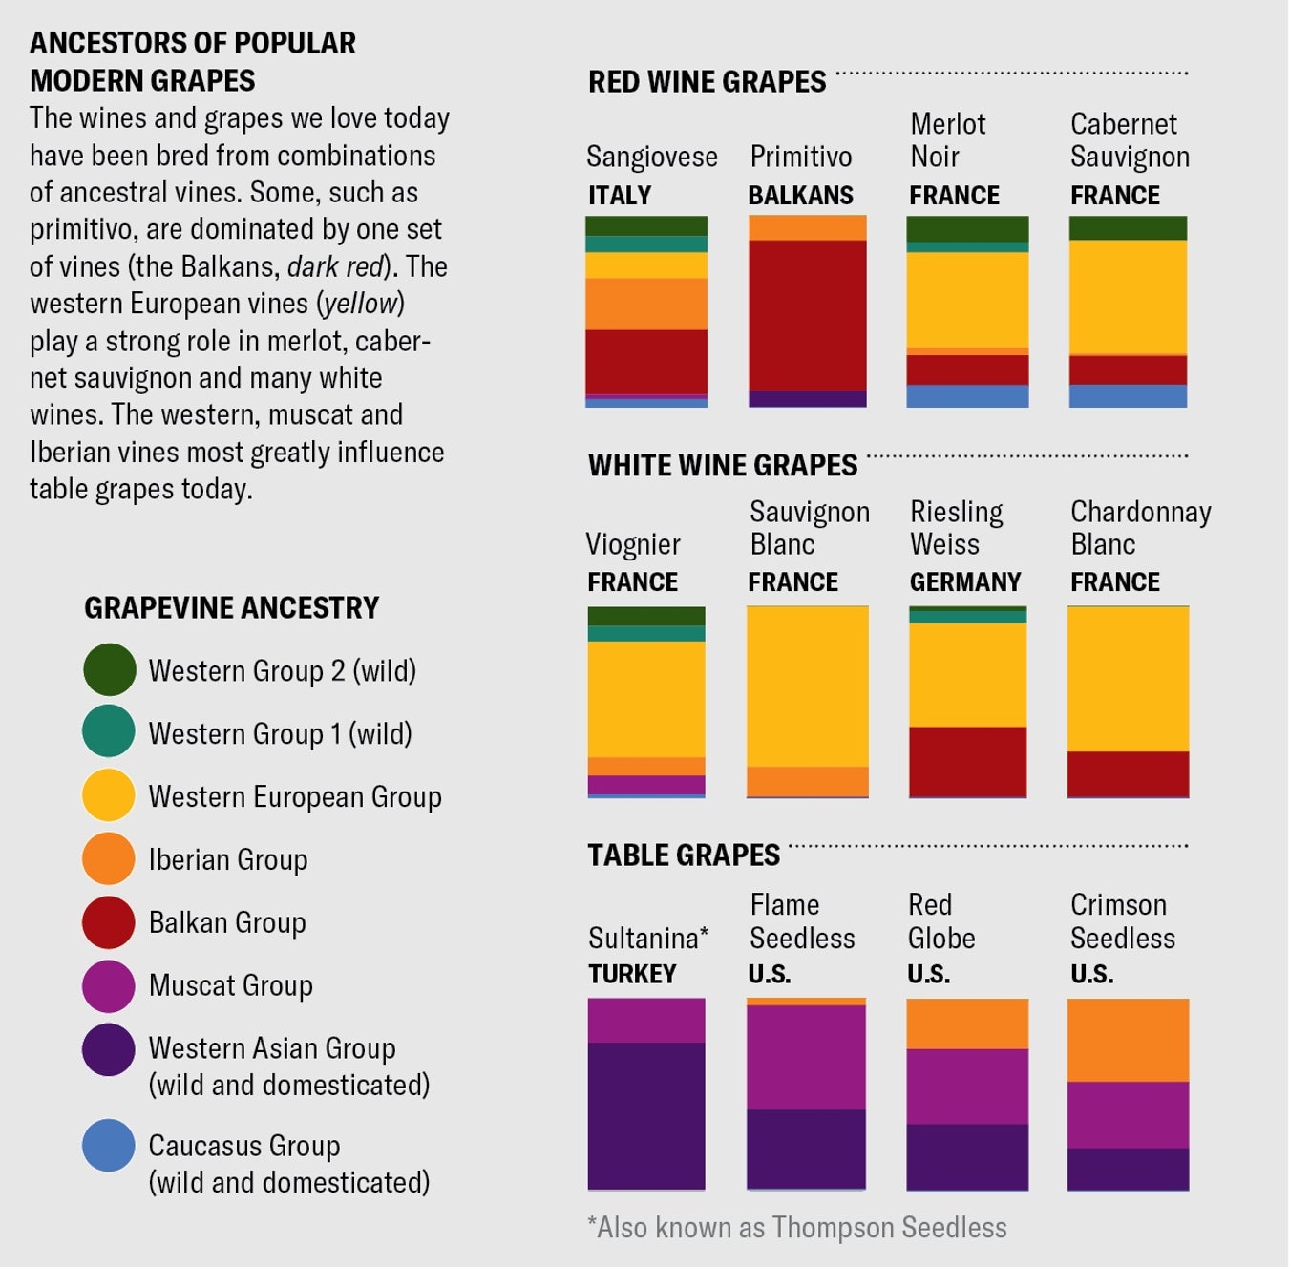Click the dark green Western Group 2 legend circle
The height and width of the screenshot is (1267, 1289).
click(109, 669)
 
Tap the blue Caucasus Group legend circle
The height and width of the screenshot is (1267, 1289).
click(109, 1145)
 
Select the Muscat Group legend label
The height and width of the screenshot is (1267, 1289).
click(230, 985)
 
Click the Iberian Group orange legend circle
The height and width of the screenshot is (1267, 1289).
click(109, 858)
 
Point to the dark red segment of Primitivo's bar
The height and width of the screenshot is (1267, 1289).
click(807, 315)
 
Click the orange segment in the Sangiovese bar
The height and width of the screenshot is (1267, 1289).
click(646, 304)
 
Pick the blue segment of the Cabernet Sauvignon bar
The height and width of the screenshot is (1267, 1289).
click(1128, 395)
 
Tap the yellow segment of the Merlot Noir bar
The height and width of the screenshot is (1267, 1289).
click(967, 300)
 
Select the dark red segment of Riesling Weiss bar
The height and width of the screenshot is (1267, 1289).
click(967, 761)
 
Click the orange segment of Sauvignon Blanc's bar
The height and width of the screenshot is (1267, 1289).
click(807, 781)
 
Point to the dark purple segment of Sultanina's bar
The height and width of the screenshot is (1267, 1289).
click(646, 1115)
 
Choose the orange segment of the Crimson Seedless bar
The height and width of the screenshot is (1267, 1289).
click(1128, 1040)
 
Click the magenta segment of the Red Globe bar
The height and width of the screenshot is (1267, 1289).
click(967, 1087)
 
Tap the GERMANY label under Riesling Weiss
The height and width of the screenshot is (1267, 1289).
click(964, 581)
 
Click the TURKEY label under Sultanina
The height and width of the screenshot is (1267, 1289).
click(632, 974)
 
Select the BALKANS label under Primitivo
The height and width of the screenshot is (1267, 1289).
click(800, 195)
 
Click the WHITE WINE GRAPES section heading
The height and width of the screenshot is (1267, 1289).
click(723, 465)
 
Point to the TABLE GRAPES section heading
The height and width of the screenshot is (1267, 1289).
click(684, 855)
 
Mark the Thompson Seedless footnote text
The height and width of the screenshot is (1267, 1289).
click(797, 1227)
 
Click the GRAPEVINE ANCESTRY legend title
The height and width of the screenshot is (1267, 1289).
click(231, 607)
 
